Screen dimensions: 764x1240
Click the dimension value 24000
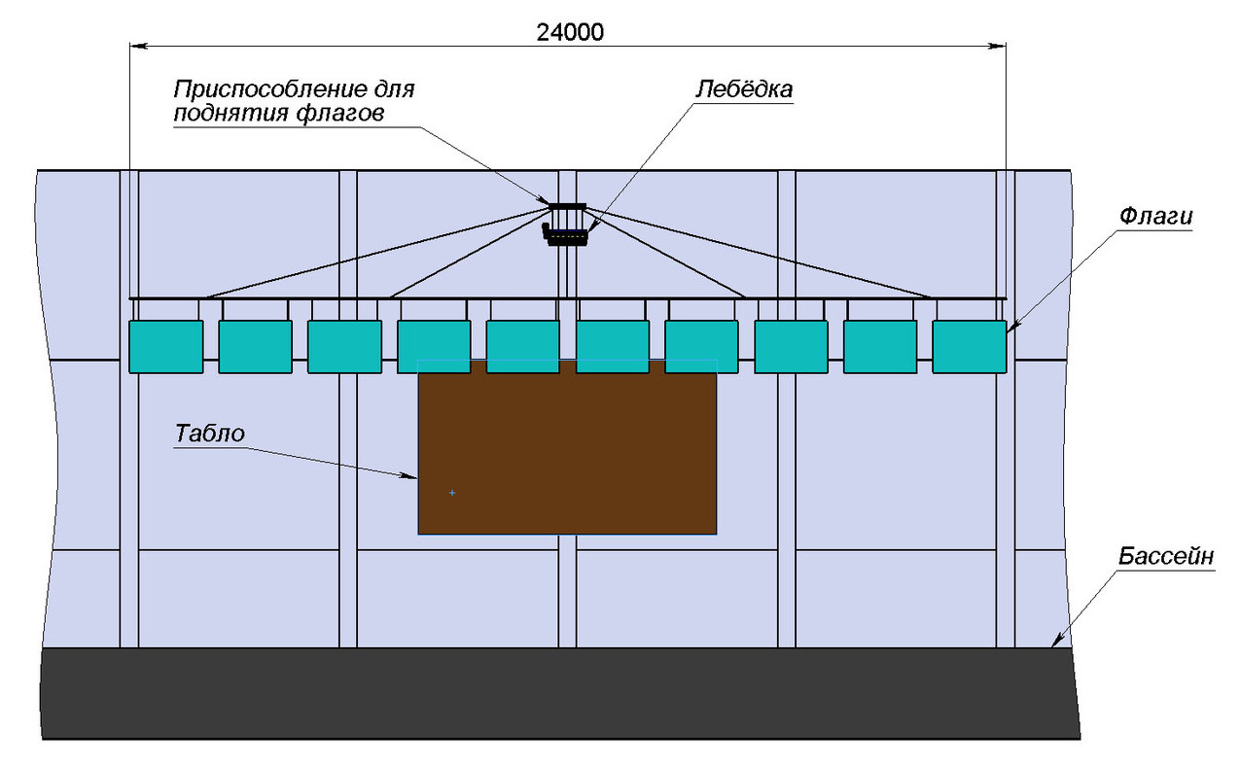[570, 31]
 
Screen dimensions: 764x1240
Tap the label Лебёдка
[744, 88]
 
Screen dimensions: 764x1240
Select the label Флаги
[1155, 217]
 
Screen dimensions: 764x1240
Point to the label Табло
[209, 434]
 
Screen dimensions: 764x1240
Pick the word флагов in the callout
[335, 113]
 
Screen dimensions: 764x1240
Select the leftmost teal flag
[165, 346]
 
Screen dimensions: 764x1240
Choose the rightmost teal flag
[969, 346]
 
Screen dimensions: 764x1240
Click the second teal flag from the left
[255, 346]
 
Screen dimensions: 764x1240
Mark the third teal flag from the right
[791, 346]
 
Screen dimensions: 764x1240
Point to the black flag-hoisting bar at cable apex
[567, 206]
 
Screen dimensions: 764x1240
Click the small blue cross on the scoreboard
[452, 493]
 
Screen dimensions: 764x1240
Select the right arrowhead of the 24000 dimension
[999, 45]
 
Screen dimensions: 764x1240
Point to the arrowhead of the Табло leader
[413, 476]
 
